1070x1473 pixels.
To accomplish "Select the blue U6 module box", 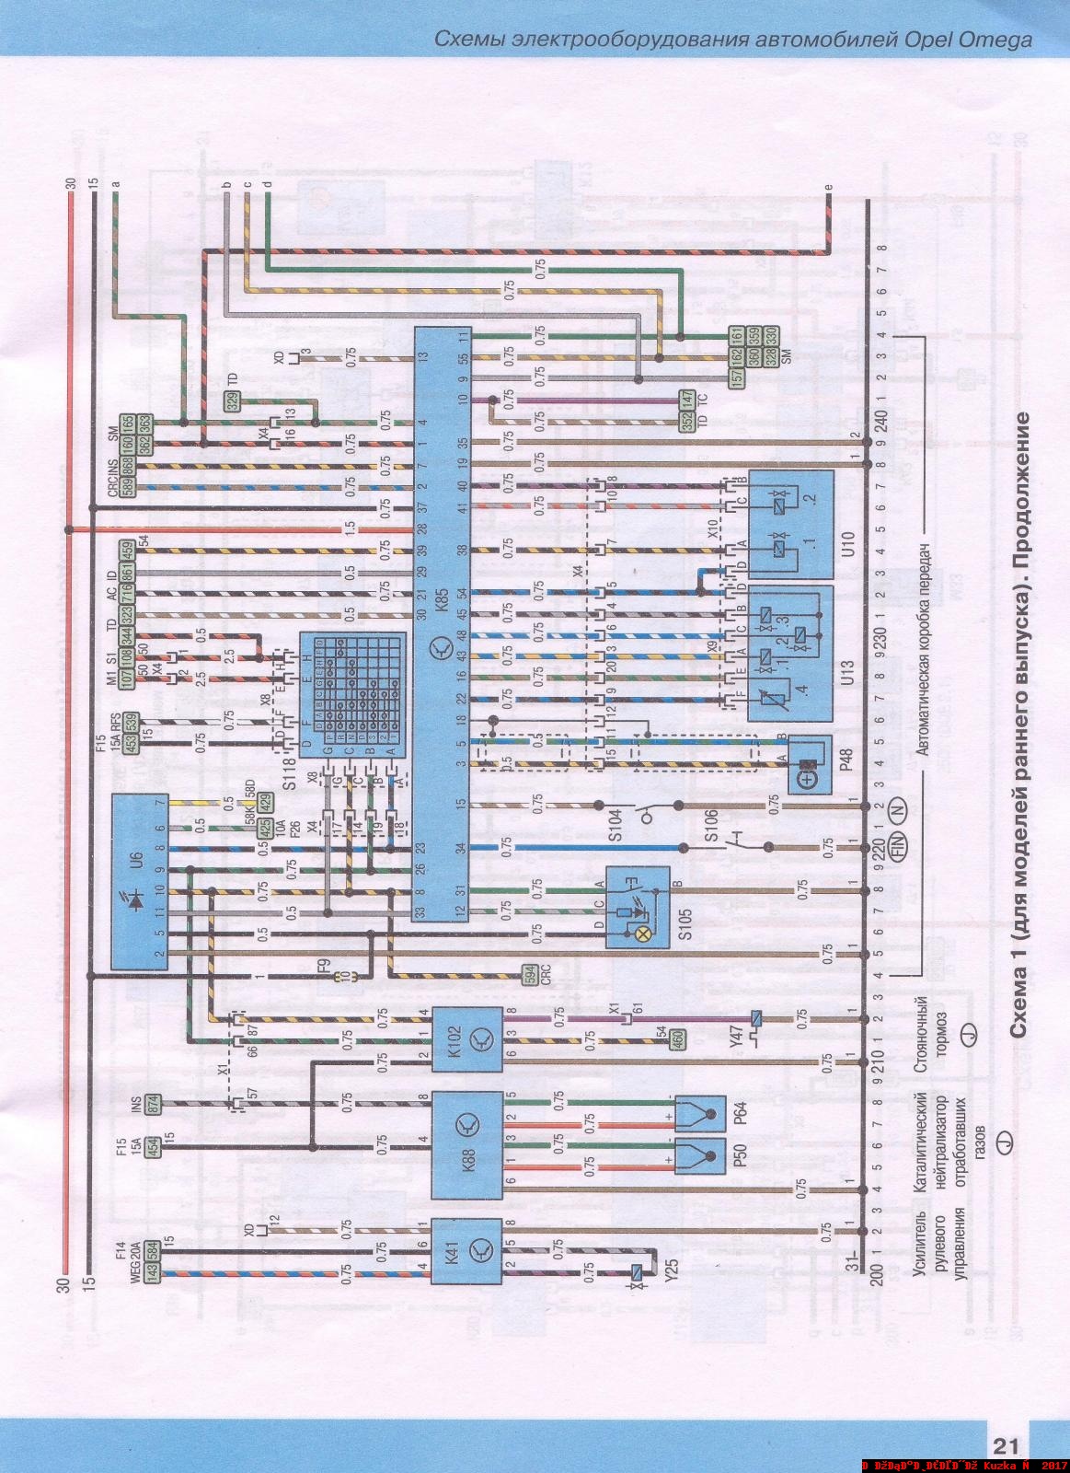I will (140, 881).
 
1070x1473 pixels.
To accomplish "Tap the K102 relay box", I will (467, 1038).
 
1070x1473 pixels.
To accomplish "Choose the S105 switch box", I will (637, 907).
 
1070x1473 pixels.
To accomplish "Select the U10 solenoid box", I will (790, 522).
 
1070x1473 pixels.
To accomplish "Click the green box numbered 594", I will (529, 976).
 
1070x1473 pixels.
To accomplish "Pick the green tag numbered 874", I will (153, 1100).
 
